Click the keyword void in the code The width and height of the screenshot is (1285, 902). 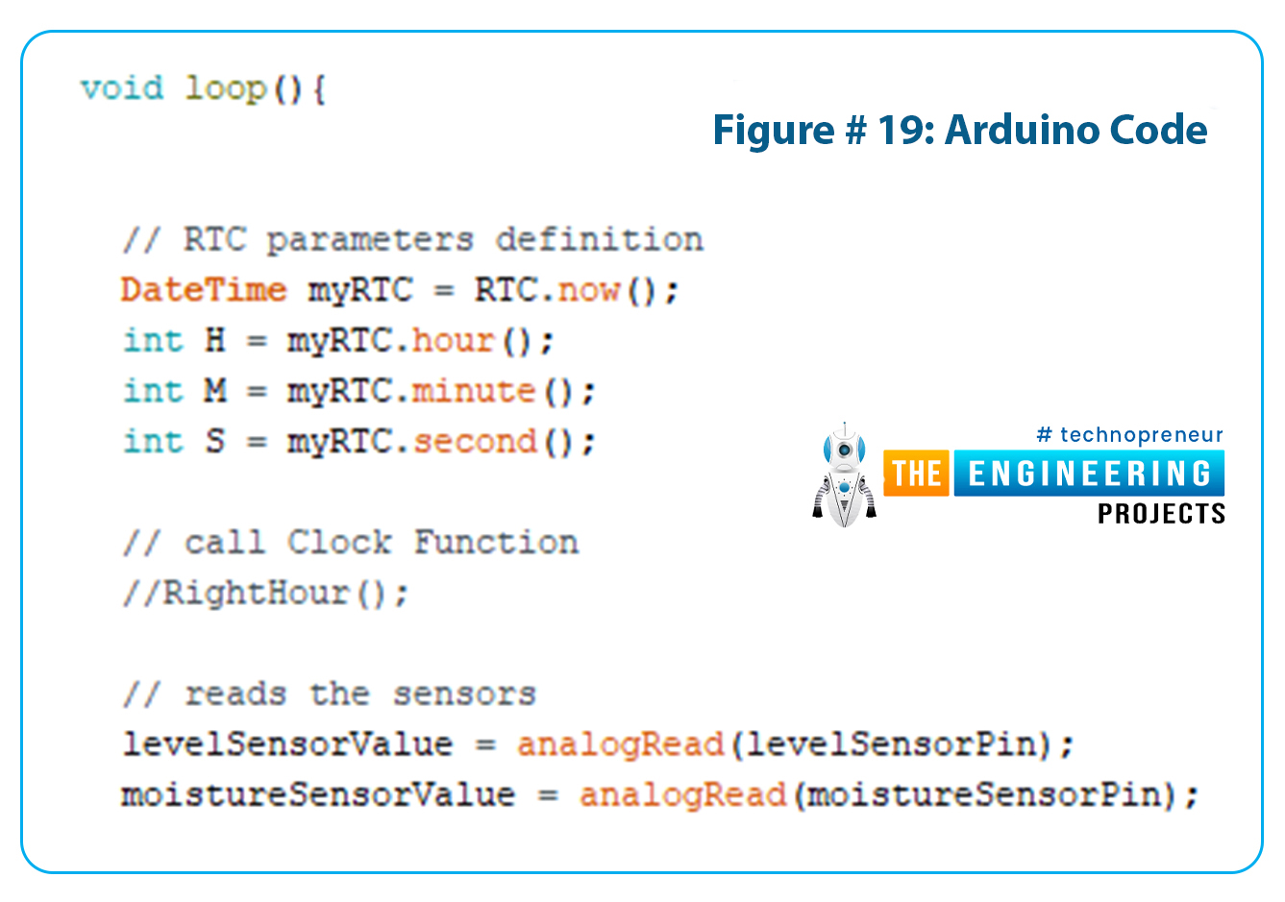point(122,88)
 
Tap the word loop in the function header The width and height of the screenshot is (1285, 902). point(226,90)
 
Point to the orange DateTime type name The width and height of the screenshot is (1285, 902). point(204,289)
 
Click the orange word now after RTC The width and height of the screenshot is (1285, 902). point(589,290)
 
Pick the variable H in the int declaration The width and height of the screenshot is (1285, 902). point(215,340)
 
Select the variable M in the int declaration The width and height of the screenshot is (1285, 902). point(215,391)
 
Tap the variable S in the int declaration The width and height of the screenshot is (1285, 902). point(215,441)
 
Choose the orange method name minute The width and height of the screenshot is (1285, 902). point(474,391)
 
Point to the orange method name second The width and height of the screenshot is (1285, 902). point(475,441)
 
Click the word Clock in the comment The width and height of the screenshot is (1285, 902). point(339,542)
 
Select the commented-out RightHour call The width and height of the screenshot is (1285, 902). point(265,593)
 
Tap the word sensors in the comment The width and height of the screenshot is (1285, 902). point(464,694)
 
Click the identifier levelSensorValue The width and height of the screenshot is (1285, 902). point(287,744)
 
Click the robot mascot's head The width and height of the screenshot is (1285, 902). point(844,448)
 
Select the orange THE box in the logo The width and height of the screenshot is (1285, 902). point(916,473)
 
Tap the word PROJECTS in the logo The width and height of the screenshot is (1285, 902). point(1162,514)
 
